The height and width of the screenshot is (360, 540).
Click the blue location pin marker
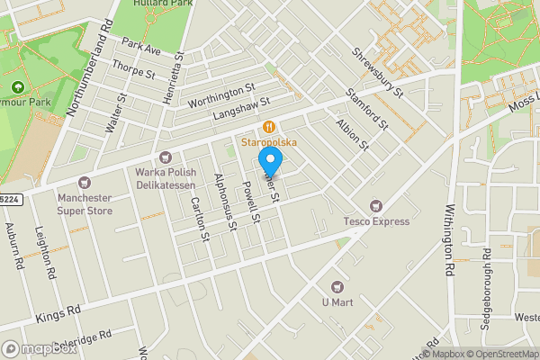coord(270,163)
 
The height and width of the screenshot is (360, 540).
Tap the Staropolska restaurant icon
coord(268,128)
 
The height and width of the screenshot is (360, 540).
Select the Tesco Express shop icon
coord(376,206)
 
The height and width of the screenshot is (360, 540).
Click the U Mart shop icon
coord(339,286)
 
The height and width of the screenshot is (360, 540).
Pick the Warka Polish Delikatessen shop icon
coord(164,157)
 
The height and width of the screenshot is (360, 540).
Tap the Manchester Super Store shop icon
coord(86,183)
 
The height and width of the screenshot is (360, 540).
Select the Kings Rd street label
coord(58,314)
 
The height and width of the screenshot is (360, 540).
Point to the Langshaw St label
coord(241,111)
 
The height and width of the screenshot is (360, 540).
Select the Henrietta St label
coord(173,80)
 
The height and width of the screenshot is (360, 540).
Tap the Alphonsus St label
coord(223,202)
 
